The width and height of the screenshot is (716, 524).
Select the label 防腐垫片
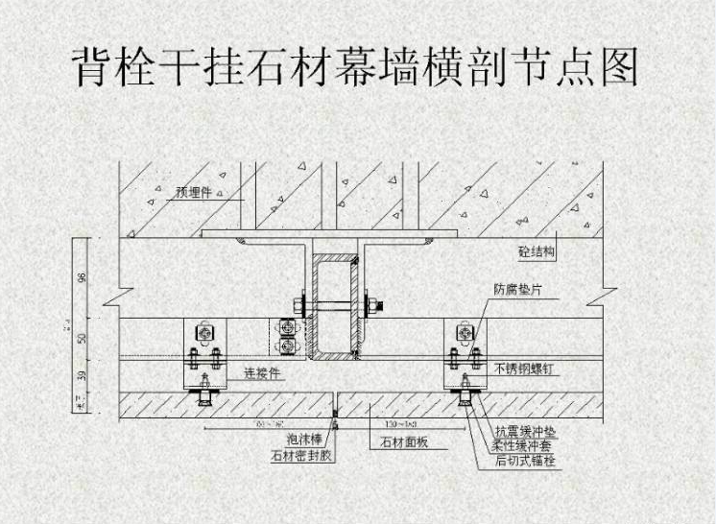519,289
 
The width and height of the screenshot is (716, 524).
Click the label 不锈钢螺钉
525,369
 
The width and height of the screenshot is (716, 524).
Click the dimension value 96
84,277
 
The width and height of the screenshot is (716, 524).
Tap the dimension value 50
84,339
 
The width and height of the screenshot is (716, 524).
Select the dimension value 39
84,374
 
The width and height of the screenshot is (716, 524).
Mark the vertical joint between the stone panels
334,404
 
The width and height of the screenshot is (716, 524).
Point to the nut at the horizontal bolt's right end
382,307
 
